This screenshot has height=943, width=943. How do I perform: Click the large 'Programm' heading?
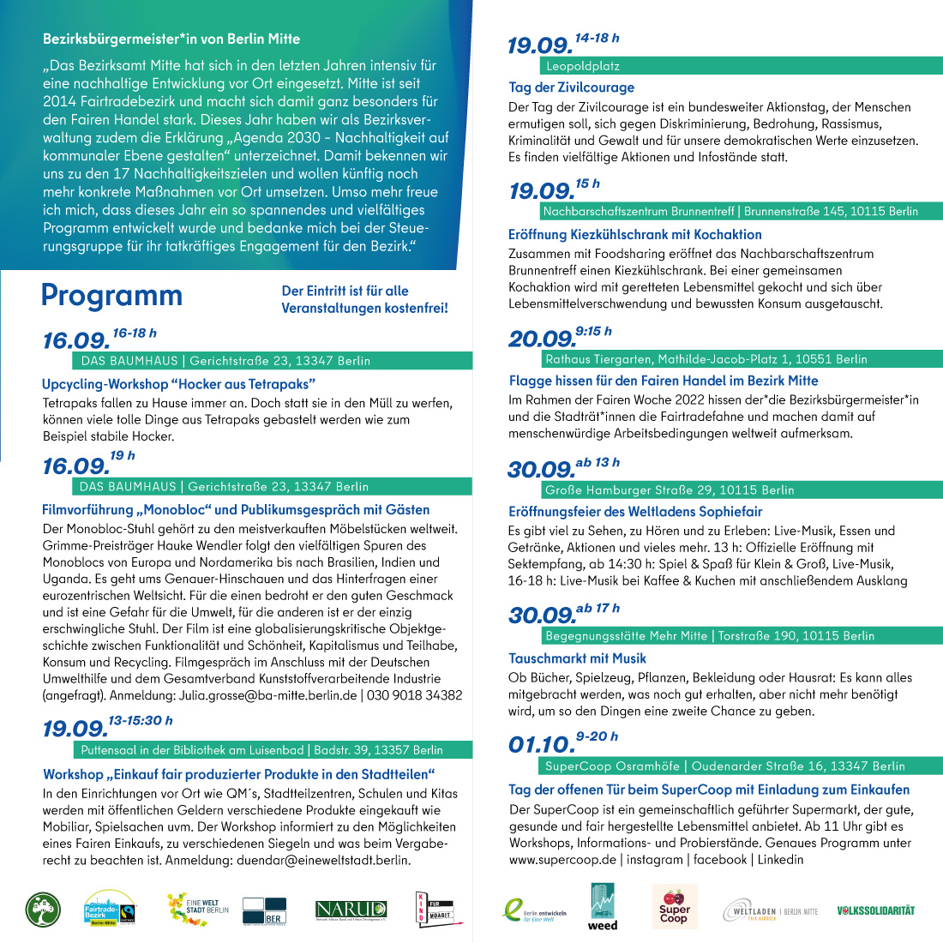coord(111,296)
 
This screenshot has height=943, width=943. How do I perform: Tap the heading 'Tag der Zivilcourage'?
coord(572,87)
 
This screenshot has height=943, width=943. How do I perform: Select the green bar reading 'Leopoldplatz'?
coord(583,66)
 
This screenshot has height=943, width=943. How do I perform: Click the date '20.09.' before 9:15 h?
coord(541,339)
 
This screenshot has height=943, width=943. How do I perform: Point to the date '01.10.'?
coord(541,745)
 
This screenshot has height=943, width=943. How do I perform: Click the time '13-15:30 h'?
coord(141,721)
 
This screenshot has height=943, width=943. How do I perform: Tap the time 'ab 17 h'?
coord(598,609)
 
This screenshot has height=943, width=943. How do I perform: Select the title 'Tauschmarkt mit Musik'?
coord(578,658)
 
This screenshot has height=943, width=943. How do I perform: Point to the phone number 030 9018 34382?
coord(414,695)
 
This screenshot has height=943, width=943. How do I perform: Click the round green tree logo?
coord(43,910)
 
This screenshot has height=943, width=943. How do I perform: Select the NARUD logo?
coord(351,910)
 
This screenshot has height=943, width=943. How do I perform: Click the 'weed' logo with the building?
coord(603,907)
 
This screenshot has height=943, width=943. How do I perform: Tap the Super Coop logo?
coord(674,908)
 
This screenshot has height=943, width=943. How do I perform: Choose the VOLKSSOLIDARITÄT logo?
coord(875,910)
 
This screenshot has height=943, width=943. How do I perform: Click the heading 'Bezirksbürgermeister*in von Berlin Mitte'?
coord(171,39)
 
